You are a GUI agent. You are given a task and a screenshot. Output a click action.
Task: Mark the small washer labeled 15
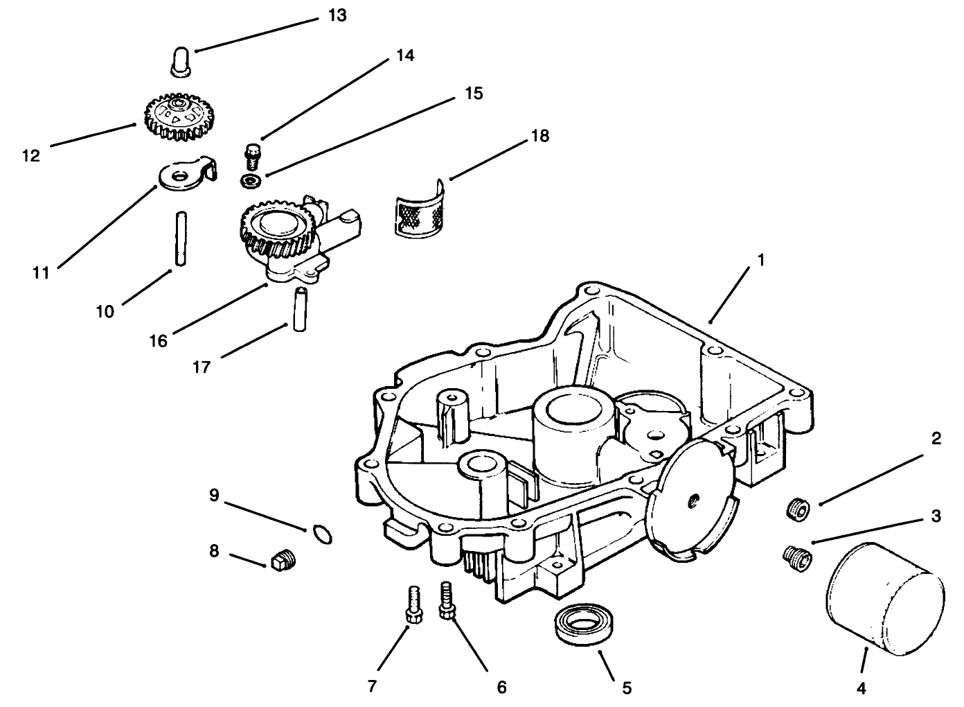[249, 181]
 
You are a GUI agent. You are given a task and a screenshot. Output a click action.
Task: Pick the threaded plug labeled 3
[797, 557]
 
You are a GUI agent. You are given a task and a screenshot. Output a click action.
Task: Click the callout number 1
[760, 261]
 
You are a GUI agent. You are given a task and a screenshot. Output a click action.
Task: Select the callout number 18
[539, 136]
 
